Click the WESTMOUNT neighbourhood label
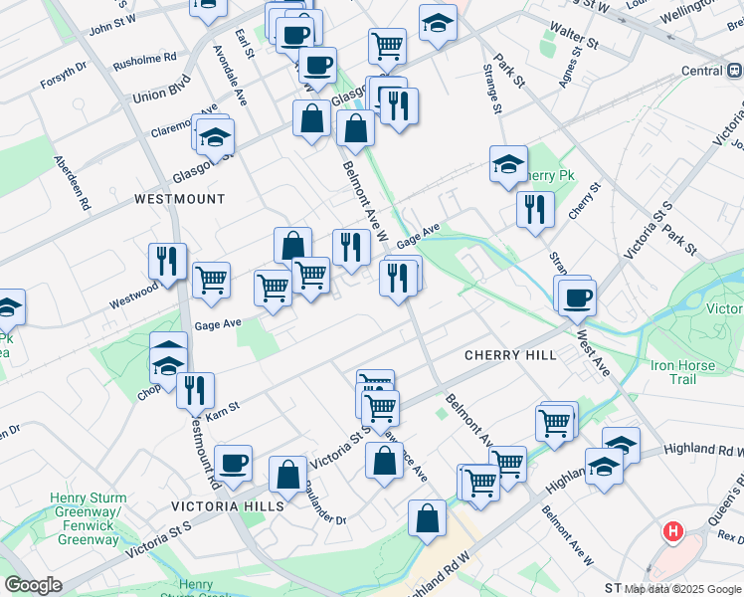point(180,199)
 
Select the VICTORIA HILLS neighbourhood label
point(229,505)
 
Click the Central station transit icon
point(734,71)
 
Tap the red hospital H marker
point(673,532)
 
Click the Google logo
point(34,585)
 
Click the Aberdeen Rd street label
point(73,182)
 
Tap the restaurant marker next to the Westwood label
point(166,261)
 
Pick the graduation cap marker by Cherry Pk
point(508,163)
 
